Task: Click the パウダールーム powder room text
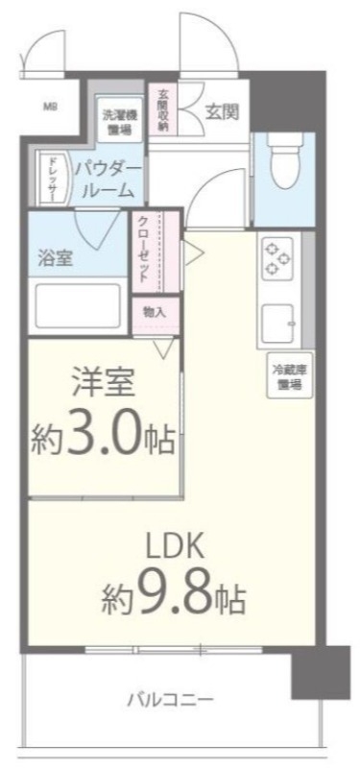point(108,180)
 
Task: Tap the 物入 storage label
point(154,312)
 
